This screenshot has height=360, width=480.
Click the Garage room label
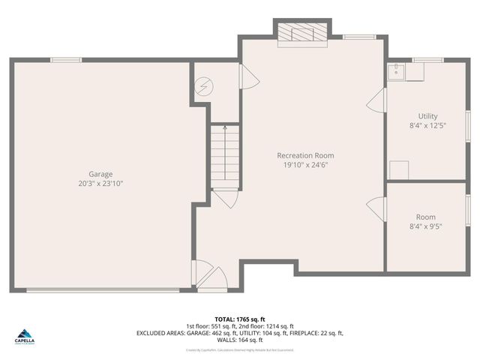[100, 174]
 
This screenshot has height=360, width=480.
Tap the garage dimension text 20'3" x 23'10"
[100, 183]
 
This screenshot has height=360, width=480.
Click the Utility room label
[427, 116]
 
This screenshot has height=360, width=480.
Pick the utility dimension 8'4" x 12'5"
[427, 126]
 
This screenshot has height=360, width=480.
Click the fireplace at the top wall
[302, 33]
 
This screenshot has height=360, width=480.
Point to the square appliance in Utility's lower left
[399, 169]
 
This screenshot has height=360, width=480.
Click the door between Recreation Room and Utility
[378, 100]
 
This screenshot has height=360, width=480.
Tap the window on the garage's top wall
[61, 60]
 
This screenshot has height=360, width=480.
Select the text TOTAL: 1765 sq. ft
[239, 319]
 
